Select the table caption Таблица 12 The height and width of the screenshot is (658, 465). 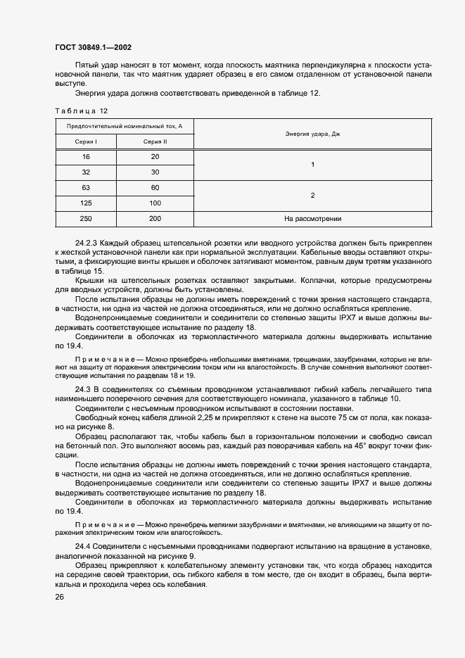(x=81, y=110)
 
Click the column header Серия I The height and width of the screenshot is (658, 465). (x=87, y=141)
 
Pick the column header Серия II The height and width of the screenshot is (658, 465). (x=155, y=141)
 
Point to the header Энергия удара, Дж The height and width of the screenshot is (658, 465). (x=312, y=134)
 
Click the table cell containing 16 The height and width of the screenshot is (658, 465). (x=87, y=156)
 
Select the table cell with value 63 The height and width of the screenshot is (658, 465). (x=87, y=187)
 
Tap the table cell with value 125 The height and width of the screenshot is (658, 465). (x=87, y=203)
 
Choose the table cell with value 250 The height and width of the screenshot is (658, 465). (x=87, y=219)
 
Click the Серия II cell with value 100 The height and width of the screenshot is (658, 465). (x=155, y=203)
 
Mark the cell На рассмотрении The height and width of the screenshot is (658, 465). (x=312, y=219)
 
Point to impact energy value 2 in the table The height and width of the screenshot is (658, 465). (x=312, y=195)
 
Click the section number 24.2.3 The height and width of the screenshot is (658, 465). (x=87, y=241)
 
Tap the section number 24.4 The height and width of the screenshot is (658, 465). (x=83, y=547)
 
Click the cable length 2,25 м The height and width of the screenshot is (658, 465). (x=189, y=418)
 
